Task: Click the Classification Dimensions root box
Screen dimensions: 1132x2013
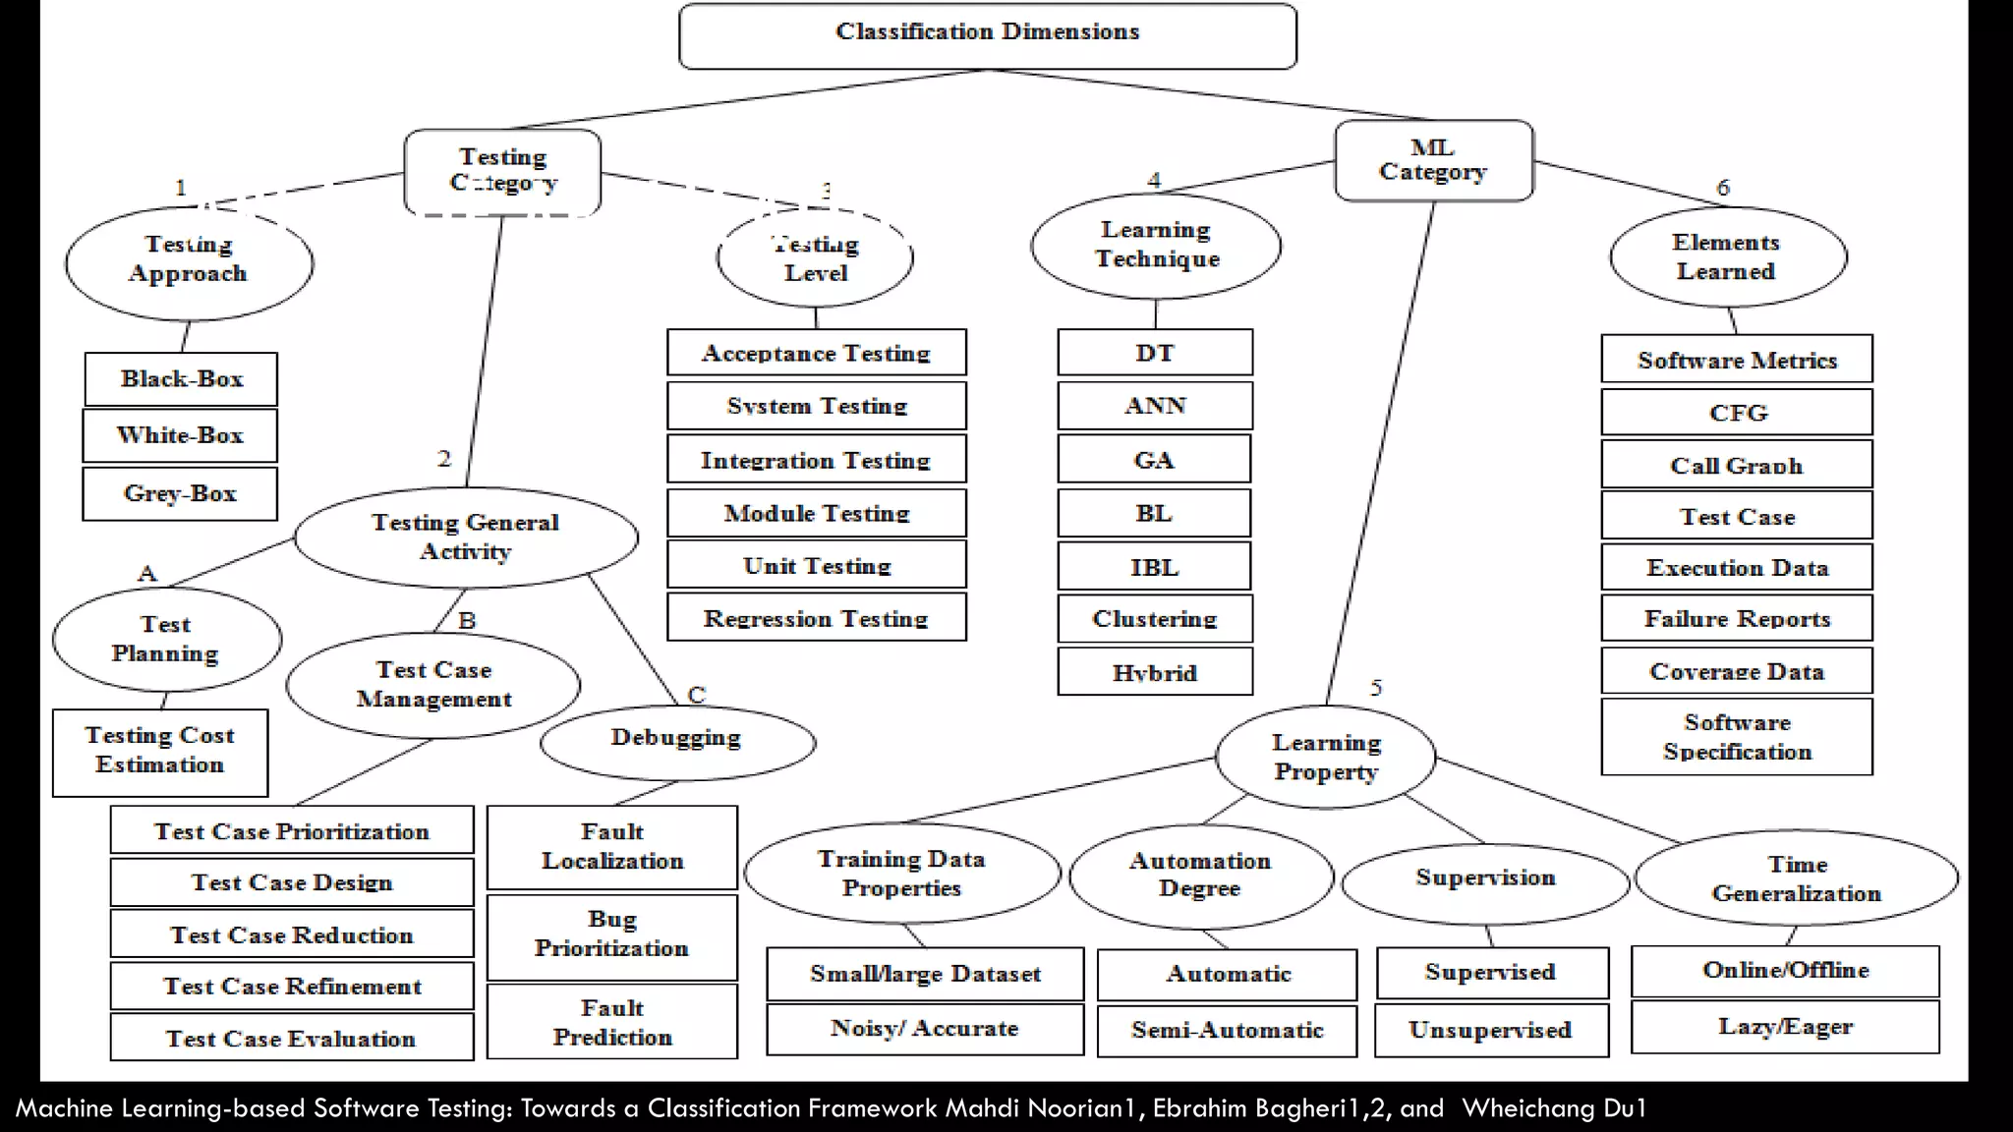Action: coord(987,35)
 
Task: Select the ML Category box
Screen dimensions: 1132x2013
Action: coord(1433,160)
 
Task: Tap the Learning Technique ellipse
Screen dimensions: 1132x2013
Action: coord(1156,245)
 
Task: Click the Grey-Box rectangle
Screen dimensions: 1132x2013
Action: coord(180,493)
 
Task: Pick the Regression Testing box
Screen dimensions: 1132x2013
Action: coord(816,618)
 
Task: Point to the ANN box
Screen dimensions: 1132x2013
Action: coord(1155,406)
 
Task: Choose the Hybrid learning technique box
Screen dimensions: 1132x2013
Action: coord(1155,672)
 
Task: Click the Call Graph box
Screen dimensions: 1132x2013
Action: coord(1736,465)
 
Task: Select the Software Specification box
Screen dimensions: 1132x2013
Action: coord(1736,737)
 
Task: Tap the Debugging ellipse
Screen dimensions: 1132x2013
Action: coord(676,738)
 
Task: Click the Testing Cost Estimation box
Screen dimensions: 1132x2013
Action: coord(159,752)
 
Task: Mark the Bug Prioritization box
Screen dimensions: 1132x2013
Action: coord(611,934)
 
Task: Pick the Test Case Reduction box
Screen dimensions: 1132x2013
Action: coord(291,934)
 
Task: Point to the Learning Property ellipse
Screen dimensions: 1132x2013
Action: coord(1325,757)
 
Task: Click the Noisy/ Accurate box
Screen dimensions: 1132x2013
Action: coord(924,1028)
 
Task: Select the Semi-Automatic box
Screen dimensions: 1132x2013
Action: coord(1227,1030)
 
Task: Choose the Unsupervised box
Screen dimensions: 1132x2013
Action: coord(1490,1030)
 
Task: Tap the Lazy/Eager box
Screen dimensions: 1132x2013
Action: coord(1784,1027)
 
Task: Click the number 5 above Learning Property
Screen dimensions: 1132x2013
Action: coord(1376,687)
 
